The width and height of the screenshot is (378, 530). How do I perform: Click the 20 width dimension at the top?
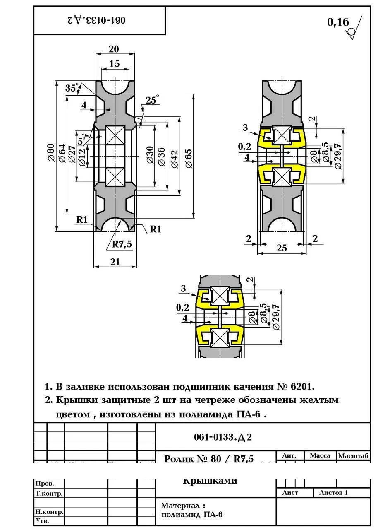click(x=114, y=49)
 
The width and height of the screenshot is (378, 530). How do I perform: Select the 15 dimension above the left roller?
click(x=115, y=64)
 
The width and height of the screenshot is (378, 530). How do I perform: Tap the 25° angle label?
click(x=152, y=99)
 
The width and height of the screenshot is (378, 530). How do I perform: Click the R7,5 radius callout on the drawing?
click(x=122, y=244)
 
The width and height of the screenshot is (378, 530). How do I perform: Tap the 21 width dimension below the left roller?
click(x=115, y=262)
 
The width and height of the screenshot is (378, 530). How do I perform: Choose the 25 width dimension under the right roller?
click(x=282, y=248)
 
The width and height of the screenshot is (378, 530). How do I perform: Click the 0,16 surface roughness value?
click(x=338, y=22)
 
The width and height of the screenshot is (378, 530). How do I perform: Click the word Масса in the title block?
click(x=320, y=455)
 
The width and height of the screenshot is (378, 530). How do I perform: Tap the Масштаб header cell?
click(x=353, y=455)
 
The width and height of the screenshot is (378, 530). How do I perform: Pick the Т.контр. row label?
click(x=49, y=493)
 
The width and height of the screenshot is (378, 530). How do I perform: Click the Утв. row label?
click(x=43, y=521)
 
